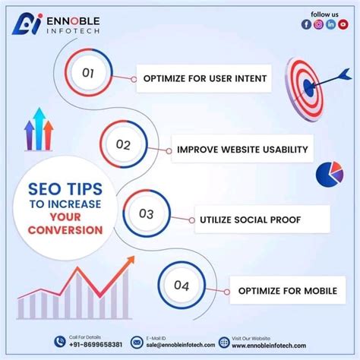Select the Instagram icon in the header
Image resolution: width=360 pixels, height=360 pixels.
[319, 24]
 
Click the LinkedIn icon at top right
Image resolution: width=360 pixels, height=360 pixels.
[331, 24]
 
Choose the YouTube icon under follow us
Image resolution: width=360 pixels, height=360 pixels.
[343, 24]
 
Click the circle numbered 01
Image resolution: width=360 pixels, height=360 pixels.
[88, 74]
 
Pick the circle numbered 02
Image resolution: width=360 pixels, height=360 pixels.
[124, 144]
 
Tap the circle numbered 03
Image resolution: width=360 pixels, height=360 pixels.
[147, 214]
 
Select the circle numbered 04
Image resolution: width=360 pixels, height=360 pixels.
[182, 286]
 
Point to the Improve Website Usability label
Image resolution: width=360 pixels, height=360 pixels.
[242, 149]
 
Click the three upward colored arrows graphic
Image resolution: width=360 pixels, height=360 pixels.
[39, 131]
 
